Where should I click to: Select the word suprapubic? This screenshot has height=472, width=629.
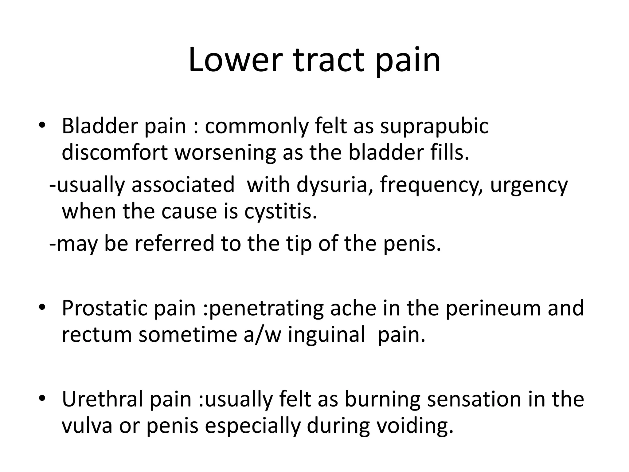coord(434,126)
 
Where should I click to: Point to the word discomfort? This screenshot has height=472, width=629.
coord(115,152)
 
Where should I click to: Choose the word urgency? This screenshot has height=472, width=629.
coord(529,185)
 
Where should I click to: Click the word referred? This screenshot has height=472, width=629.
coord(174,243)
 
